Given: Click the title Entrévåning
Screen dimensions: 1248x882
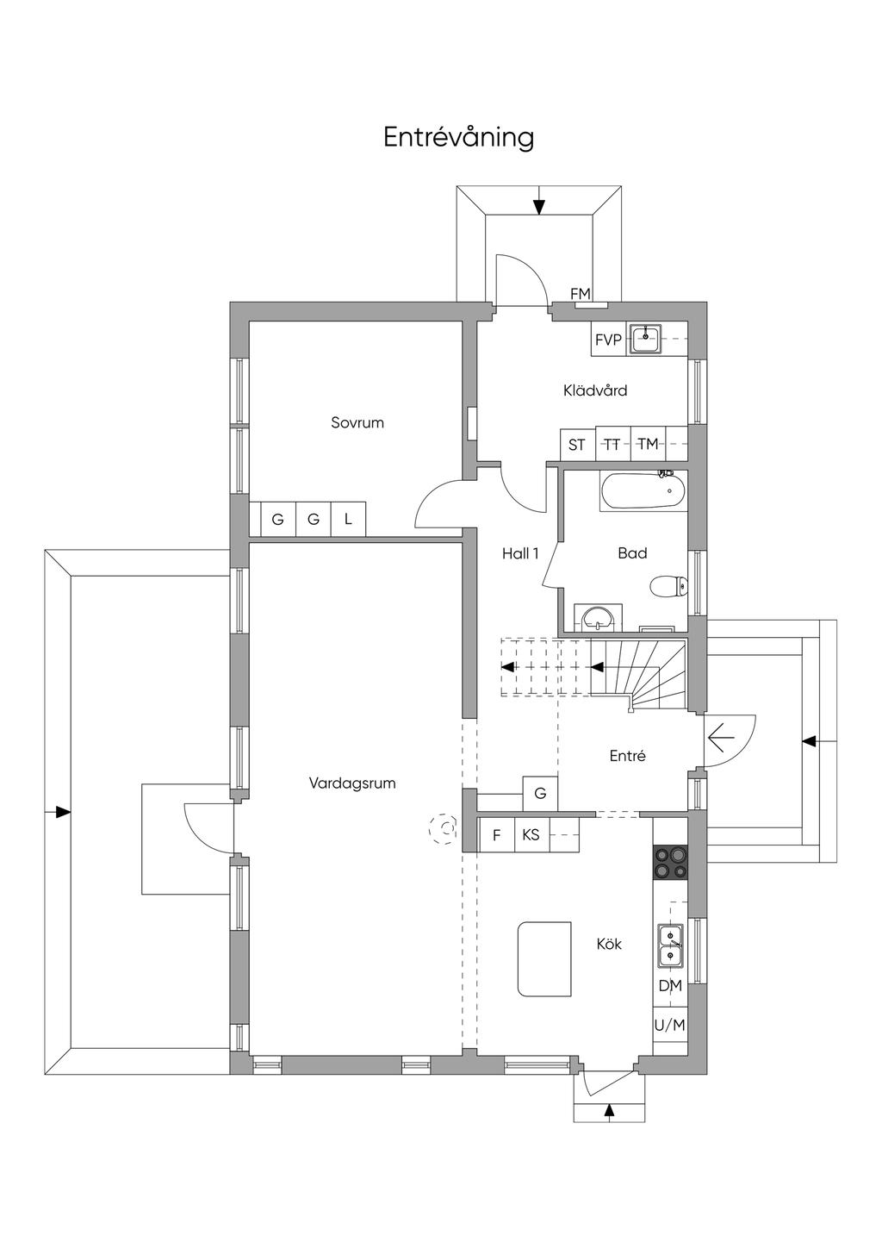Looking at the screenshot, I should [x=458, y=138].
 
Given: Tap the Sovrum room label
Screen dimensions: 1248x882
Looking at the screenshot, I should [x=357, y=423].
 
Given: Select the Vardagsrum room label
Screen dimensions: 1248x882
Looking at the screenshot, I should [x=352, y=783].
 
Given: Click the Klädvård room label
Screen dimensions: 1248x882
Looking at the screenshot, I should [x=595, y=390].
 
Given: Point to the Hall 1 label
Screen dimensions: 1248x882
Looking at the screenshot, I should [x=520, y=553].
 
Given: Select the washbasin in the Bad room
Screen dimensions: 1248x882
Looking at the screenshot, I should [x=598, y=617].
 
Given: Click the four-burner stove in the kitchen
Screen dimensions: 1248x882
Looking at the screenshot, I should [x=671, y=862].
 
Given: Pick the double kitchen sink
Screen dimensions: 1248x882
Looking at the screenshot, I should [x=670, y=945].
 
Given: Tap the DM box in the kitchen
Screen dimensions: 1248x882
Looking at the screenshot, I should [x=670, y=986].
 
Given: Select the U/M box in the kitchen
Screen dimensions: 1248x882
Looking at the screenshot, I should [x=670, y=1025].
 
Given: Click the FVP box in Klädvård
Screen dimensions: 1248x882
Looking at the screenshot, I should [x=608, y=340].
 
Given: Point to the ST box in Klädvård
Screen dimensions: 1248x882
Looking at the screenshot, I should [x=577, y=445].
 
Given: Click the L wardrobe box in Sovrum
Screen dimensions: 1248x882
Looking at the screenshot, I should [x=349, y=520].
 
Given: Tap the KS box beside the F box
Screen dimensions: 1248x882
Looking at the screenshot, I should [x=531, y=834].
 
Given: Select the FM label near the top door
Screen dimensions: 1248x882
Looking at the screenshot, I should [x=581, y=294].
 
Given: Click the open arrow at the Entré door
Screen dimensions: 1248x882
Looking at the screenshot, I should [x=720, y=738].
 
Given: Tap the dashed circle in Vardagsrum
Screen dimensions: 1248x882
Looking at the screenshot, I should [x=445, y=829].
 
